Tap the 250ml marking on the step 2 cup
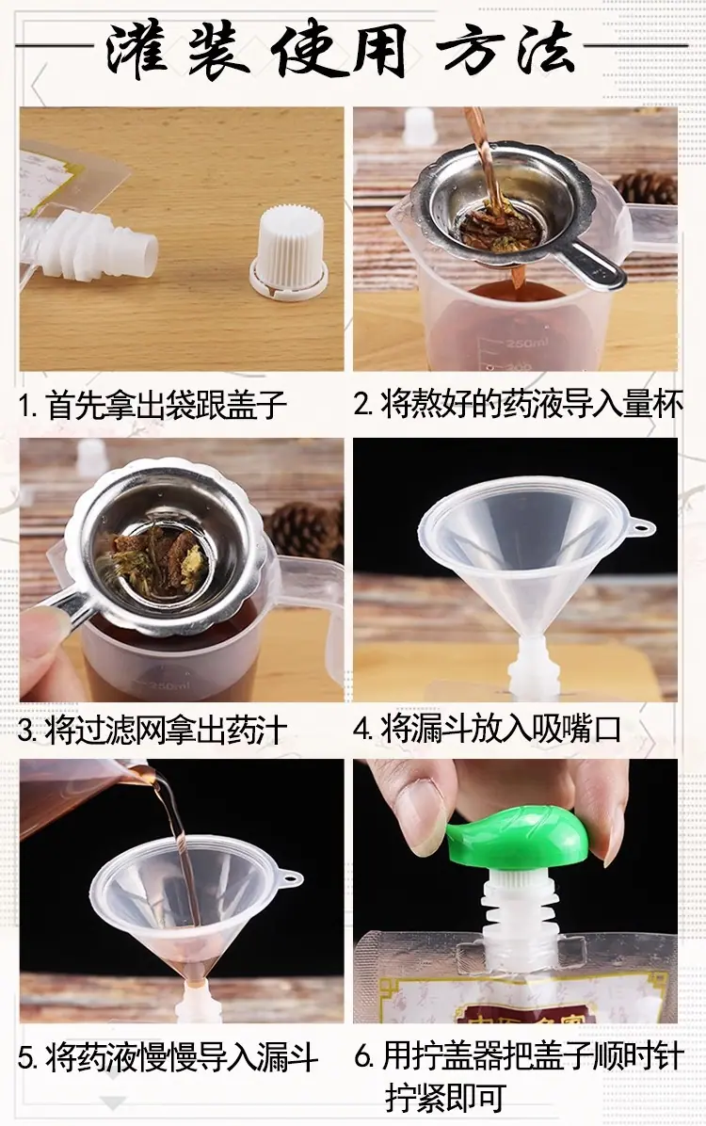pyautogui.click(x=526, y=344)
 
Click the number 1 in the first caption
pyautogui.click(x=25, y=406)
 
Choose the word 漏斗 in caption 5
pyautogui.click(x=287, y=1058)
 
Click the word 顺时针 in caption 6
pyautogui.click(x=638, y=1055)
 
